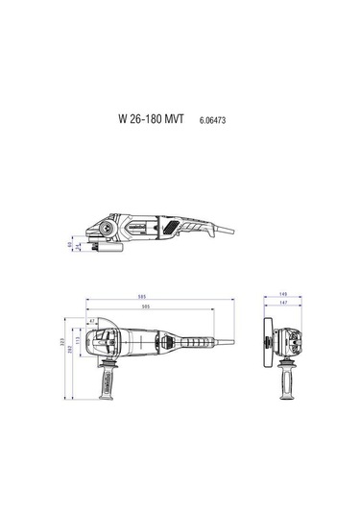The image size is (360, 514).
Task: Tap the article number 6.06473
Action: (213, 123)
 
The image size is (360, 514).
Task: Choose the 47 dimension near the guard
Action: (91, 323)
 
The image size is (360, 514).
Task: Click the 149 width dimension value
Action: (283, 294)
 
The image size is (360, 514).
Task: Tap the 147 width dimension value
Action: (283, 303)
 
